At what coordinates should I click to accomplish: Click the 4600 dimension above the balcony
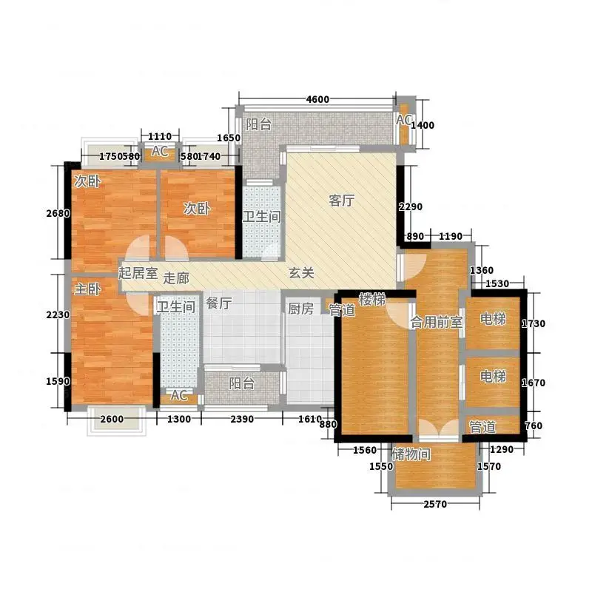317,99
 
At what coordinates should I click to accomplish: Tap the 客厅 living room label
342,201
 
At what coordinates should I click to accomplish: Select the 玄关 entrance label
301,272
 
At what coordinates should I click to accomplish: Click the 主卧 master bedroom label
87,289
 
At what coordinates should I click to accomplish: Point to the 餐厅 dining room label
219,303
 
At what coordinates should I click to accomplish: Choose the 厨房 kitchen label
300,309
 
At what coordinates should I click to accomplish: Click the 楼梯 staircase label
372,300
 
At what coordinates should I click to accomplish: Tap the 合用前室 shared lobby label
437,322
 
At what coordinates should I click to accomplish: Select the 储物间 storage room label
411,454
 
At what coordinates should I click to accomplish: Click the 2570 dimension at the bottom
435,504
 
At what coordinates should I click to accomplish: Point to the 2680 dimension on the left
58,213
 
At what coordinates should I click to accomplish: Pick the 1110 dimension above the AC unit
160,136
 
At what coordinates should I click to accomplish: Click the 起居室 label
138,272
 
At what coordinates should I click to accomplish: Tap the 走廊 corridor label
176,279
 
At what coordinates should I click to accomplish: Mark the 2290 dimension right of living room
411,207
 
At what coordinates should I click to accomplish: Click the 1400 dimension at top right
423,125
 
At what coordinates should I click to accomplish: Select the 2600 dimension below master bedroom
112,419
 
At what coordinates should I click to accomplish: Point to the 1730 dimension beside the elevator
534,323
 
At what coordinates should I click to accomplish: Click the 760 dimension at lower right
534,426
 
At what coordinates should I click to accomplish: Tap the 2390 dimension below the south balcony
242,419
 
